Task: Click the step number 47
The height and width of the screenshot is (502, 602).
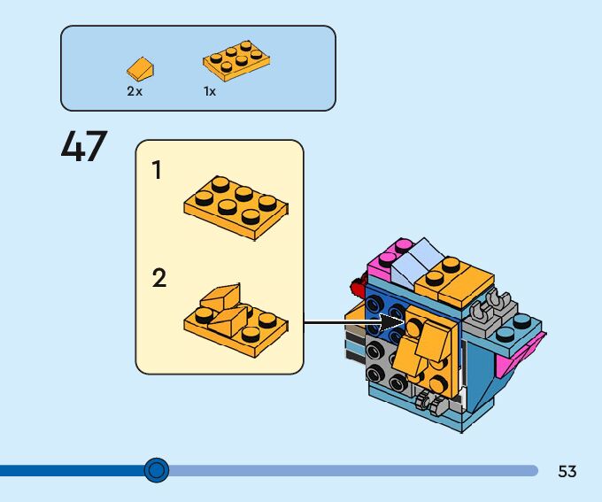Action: (84, 147)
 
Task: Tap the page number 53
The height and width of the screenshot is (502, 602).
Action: (567, 472)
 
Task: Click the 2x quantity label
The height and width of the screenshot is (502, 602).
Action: (135, 91)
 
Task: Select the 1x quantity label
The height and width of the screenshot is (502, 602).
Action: (210, 91)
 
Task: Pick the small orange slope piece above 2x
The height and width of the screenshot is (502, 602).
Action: (140, 67)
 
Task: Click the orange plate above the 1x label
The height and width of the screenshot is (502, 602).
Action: (235, 61)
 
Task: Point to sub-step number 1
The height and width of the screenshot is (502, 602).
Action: (158, 171)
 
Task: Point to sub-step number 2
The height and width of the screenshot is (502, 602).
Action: (158, 279)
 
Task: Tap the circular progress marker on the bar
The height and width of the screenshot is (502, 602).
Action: (157, 470)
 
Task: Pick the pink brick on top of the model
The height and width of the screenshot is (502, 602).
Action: (386, 260)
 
